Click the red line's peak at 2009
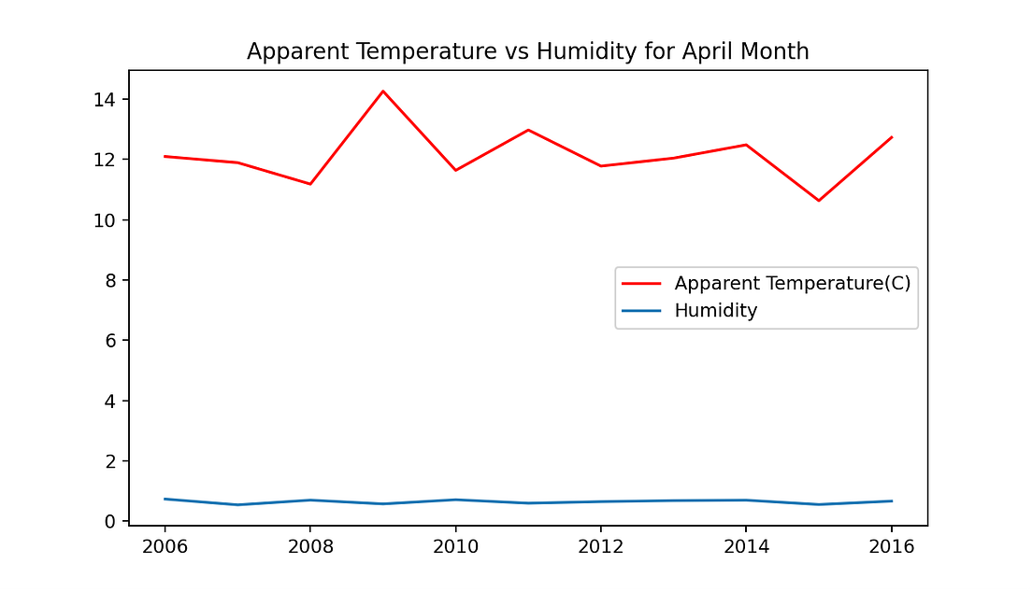click(382, 91)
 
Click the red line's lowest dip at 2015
click(819, 201)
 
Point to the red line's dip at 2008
click(310, 184)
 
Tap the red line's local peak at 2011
click(528, 130)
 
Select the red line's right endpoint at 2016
click(892, 137)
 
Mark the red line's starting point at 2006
click(165, 156)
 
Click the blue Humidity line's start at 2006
click(165, 499)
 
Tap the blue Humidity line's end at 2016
click(892, 501)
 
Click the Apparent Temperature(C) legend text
click(792, 283)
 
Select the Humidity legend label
click(715, 311)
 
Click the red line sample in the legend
click(641, 283)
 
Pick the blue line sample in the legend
click(641, 311)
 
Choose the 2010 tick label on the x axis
click(455, 545)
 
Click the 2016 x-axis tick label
click(892, 545)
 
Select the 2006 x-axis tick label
click(165, 545)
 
